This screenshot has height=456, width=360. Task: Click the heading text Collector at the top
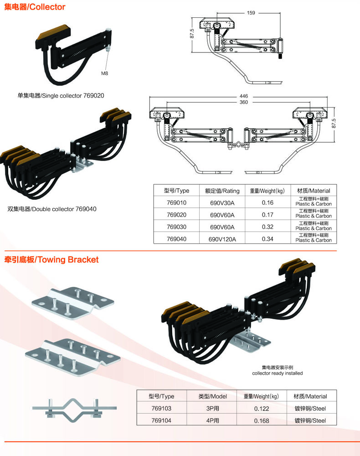pos(35,7)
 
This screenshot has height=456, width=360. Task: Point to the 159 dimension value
pos(251,13)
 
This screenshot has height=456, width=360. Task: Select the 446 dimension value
pos(243,96)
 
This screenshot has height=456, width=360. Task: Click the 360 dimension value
pos(243,103)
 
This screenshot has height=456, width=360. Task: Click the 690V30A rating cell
pos(222,202)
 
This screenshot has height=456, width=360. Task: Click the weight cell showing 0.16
pos(267,202)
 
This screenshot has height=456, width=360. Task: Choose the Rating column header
pos(222,191)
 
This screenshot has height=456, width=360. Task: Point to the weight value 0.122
pos(262,409)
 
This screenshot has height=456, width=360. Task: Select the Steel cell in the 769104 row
pos(310,421)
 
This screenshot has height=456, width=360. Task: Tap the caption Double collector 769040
pos(52,209)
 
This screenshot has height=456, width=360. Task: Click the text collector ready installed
pos(277,373)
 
